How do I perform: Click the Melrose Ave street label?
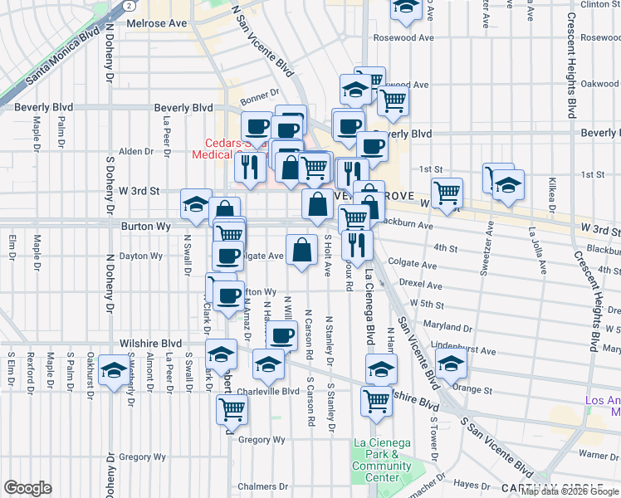click(157, 23)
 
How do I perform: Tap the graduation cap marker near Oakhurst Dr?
click(113, 370)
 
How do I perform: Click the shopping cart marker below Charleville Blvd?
click(232, 408)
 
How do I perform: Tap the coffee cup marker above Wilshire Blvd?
click(281, 335)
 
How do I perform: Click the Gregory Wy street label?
click(143, 456)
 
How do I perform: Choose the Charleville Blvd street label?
click(267, 391)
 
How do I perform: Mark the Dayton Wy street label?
click(141, 256)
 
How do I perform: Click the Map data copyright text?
click(570, 491)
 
